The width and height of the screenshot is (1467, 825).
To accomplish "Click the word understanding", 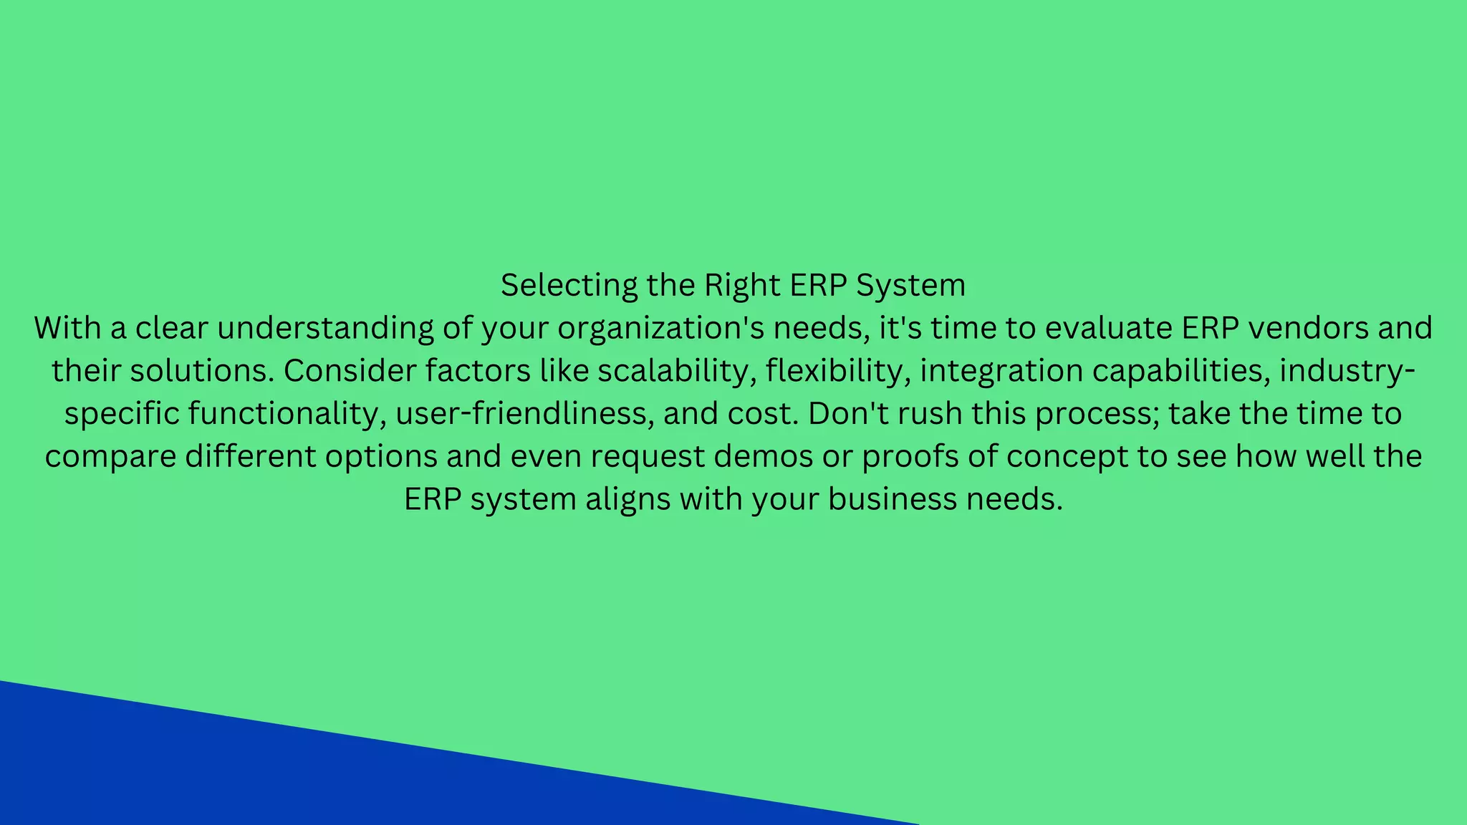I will (x=325, y=328).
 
